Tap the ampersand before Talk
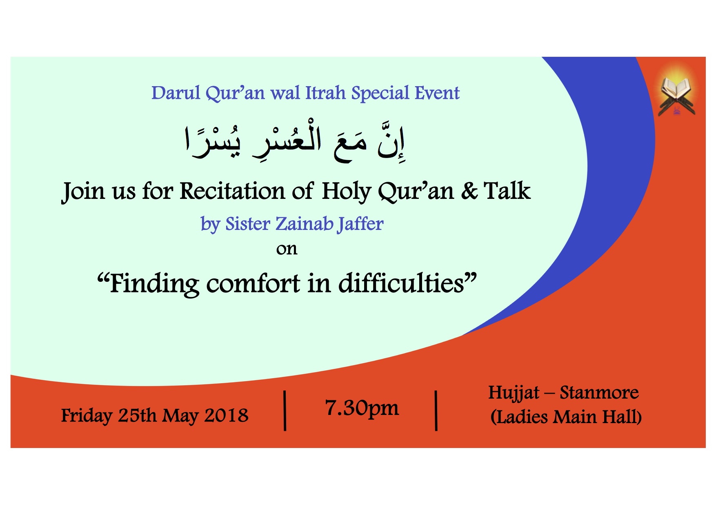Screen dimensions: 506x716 (469, 191)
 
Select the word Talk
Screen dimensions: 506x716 (507, 191)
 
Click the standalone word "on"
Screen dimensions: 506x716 (287, 249)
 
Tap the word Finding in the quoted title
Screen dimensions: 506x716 (154, 283)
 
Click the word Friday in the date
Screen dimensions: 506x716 (87, 416)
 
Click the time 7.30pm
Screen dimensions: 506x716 (362, 408)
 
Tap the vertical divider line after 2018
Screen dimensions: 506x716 (285, 410)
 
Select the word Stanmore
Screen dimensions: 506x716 (599, 393)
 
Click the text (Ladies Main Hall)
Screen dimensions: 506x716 (566, 417)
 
